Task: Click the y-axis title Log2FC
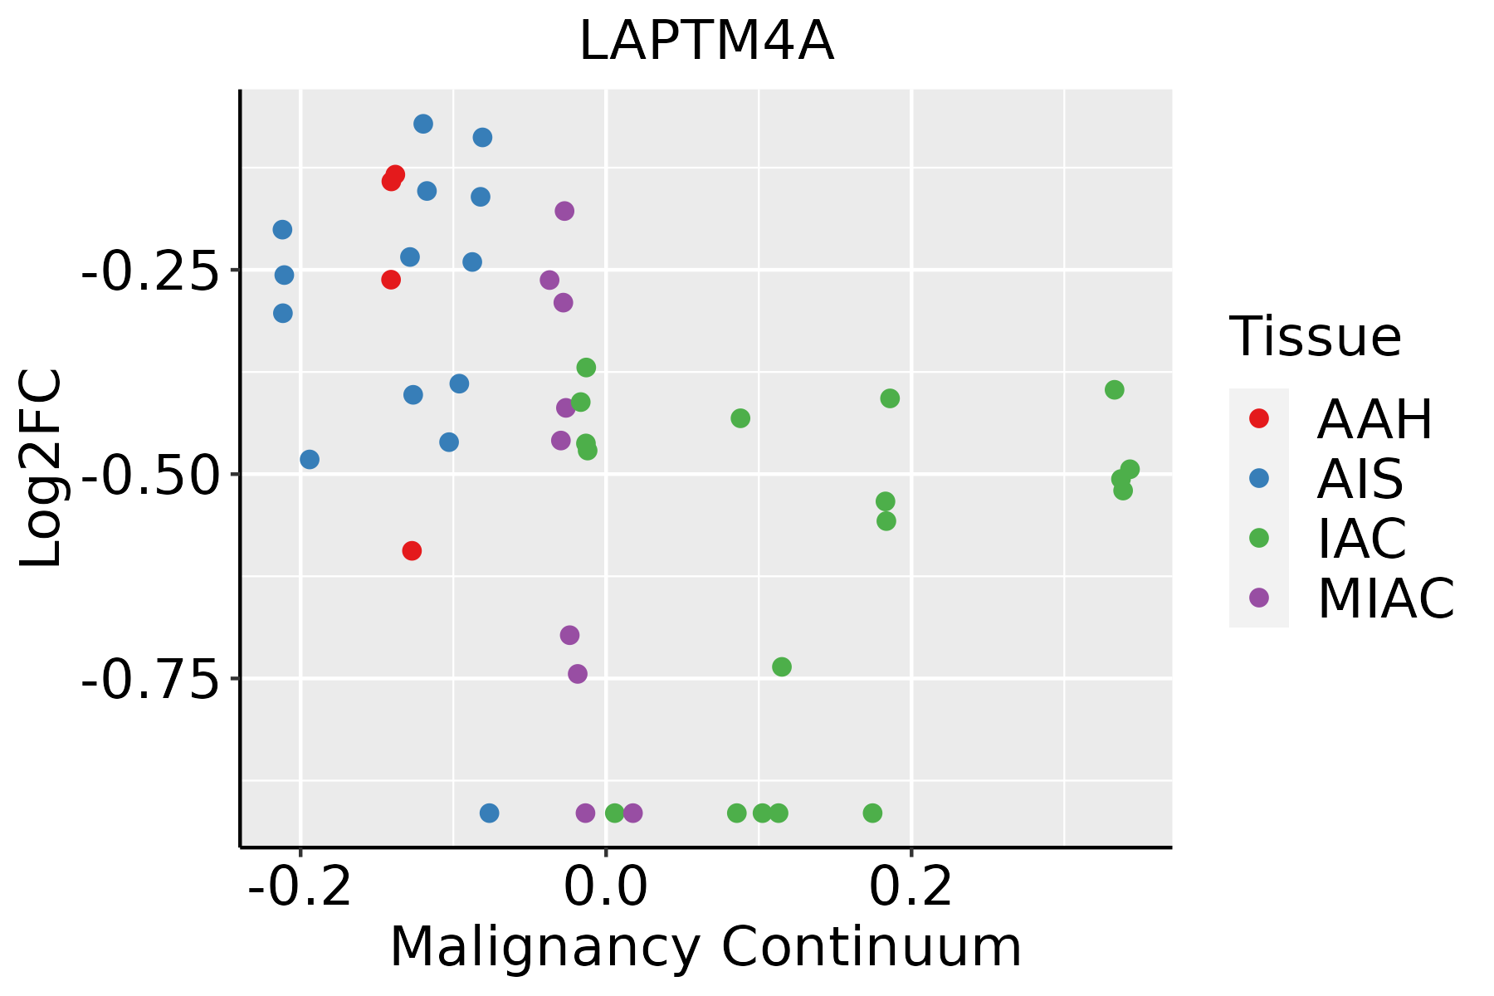point(41,468)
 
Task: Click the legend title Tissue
point(1316,337)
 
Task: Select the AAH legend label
point(1374,419)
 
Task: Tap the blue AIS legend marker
point(1259,478)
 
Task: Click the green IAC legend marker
point(1259,538)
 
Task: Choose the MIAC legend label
point(1385,598)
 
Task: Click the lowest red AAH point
point(412,550)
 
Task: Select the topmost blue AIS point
point(423,124)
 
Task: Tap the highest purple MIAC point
point(564,211)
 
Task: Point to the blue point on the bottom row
point(490,813)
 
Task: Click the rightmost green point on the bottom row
point(872,813)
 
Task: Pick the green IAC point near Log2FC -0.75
point(782,666)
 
